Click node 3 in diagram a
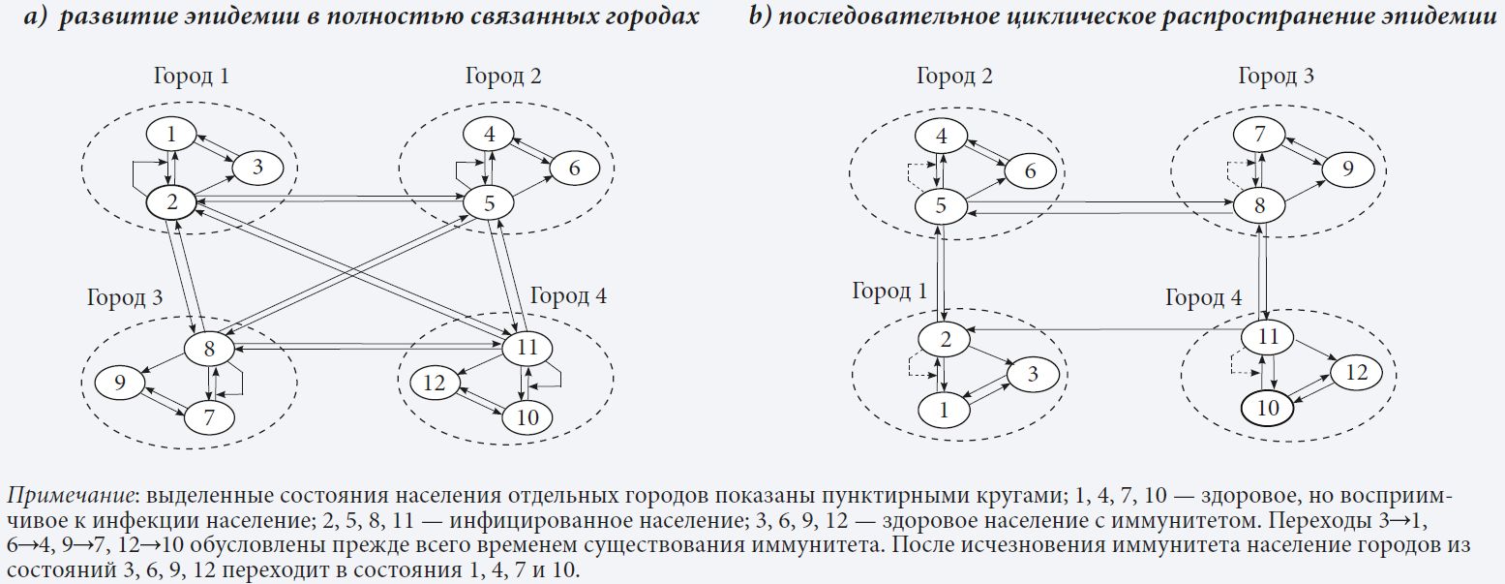tap(256, 167)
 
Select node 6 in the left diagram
tap(575, 168)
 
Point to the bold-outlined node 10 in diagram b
tap(1268, 409)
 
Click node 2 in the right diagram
tap(944, 338)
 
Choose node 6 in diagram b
tap(1029, 170)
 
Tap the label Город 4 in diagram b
tap(1203, 297)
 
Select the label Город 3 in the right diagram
tap(1276, 77)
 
